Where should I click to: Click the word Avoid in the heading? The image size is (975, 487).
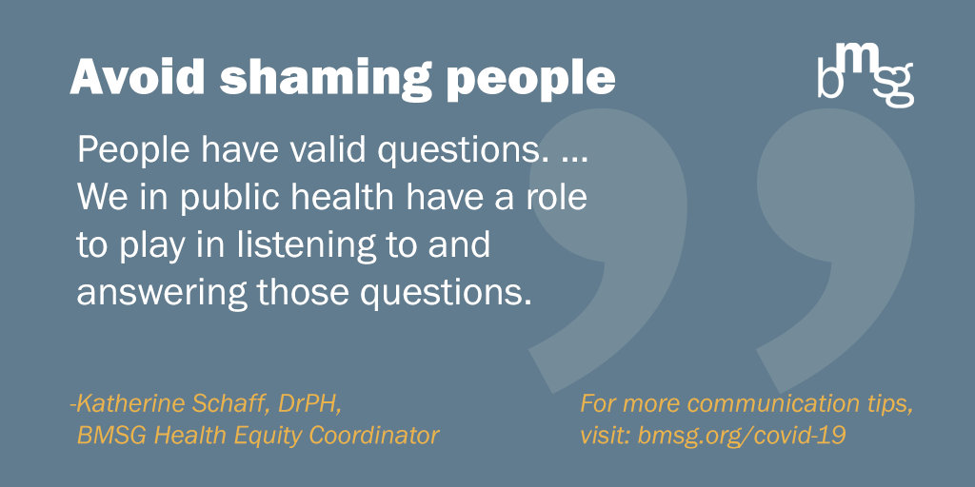click(137, 78)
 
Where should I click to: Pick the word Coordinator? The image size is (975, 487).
click(377, 436)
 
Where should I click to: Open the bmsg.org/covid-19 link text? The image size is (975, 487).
click(742, 437)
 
